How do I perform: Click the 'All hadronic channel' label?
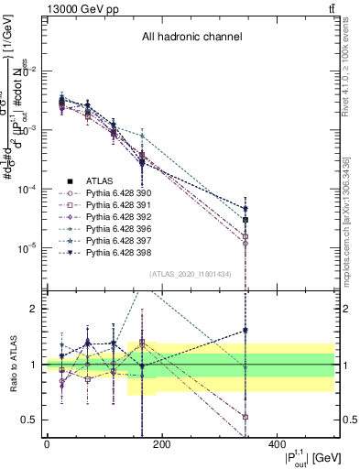coord(191,38)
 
